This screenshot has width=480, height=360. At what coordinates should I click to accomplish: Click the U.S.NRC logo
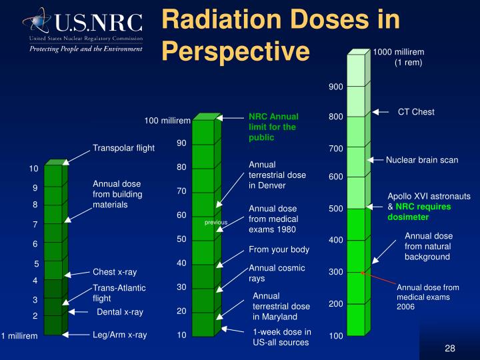click(83, 29)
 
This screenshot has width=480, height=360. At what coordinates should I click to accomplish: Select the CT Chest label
click(416, 112)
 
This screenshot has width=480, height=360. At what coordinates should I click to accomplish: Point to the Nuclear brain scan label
click(422, 160)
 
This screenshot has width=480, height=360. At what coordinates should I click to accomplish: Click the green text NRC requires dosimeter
click(419, 212)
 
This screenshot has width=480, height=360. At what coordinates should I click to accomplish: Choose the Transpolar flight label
click(123, 148)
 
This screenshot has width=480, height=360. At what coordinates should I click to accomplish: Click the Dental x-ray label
click(120, 312)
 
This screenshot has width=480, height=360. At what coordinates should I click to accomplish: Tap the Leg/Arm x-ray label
click(120, 335)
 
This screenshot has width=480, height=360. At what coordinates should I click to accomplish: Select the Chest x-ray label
click(115, 272)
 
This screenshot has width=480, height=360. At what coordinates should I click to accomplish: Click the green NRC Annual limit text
click(273, 127)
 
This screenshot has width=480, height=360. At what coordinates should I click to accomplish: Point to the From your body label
click(279, 250)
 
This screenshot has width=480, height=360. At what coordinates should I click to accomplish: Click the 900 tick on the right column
click(335, 87)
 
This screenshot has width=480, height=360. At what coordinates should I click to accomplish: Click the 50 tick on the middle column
click(181, 239)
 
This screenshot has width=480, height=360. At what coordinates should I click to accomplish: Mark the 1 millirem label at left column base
click(19, 336)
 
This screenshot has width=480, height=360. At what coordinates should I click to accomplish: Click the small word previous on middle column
click(216, 223)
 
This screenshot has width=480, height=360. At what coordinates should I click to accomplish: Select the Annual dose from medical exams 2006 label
click(428, 297)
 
